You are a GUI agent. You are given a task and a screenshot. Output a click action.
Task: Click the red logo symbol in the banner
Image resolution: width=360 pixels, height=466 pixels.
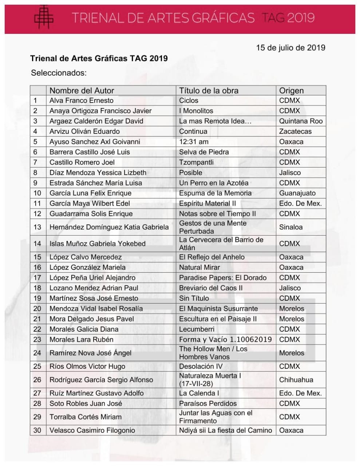coord(44,17)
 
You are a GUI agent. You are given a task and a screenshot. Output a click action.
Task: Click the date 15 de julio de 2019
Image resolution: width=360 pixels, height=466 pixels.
coord(290,48)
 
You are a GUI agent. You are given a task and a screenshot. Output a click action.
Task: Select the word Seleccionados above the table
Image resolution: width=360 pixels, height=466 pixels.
coord(59,73)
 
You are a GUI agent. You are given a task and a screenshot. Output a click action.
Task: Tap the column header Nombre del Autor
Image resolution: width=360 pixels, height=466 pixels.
coord(82,91)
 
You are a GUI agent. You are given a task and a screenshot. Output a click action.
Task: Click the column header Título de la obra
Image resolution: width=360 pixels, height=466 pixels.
coord(209,91)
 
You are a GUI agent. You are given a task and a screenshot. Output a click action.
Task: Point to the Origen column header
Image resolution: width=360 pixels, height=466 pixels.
coord(291,91)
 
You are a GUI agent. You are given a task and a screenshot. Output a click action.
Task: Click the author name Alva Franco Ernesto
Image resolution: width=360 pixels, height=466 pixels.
coord(82,100)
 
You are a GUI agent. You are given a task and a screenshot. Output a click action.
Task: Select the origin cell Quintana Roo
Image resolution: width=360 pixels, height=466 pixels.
coord(301,121)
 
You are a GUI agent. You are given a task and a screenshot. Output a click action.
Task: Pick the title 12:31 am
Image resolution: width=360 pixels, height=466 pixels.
coord(194,142)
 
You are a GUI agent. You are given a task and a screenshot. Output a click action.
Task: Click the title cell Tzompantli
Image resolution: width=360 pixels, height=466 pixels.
coord(196,162)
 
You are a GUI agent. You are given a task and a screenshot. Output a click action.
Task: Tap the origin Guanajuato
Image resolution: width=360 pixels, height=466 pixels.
coord(297,193)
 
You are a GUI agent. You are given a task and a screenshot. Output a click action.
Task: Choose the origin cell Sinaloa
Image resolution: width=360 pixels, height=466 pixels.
coord(291,227)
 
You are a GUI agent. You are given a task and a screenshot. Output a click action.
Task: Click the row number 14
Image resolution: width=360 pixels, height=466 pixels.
coord(37,244)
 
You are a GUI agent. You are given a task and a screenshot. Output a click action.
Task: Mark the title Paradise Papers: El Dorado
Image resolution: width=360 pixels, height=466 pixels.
coord(223,278)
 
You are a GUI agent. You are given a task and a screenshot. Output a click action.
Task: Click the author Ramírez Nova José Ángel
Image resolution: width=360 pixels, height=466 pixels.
coord(90,353)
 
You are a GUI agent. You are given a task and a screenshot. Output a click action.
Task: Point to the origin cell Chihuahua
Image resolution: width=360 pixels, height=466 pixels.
coord(296,380)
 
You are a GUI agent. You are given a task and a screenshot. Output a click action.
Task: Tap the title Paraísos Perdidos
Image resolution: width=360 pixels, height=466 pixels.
coord(208,403)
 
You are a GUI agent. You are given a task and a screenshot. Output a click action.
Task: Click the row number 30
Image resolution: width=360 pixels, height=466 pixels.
coord(37,430)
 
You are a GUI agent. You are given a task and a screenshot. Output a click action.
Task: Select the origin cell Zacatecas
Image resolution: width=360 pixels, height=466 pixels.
coord(295,131)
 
